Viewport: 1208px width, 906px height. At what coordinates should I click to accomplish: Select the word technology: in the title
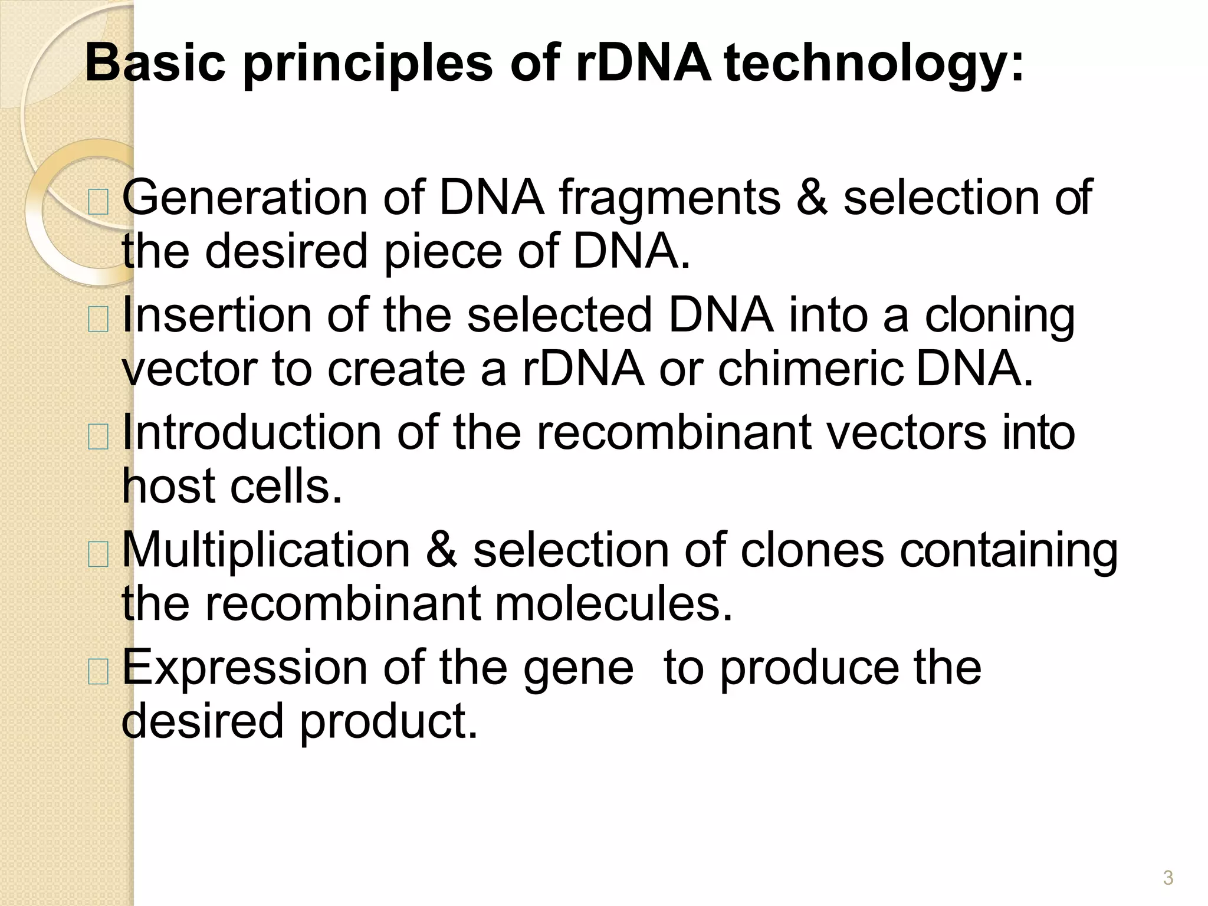[874, 64]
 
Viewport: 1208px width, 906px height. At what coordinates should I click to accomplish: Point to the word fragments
[669, 198]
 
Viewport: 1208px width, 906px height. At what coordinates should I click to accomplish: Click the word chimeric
[810, 369]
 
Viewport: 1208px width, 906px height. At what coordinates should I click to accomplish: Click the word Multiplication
[266, 550]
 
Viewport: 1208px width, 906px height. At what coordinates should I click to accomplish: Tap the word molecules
[613, 603]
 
